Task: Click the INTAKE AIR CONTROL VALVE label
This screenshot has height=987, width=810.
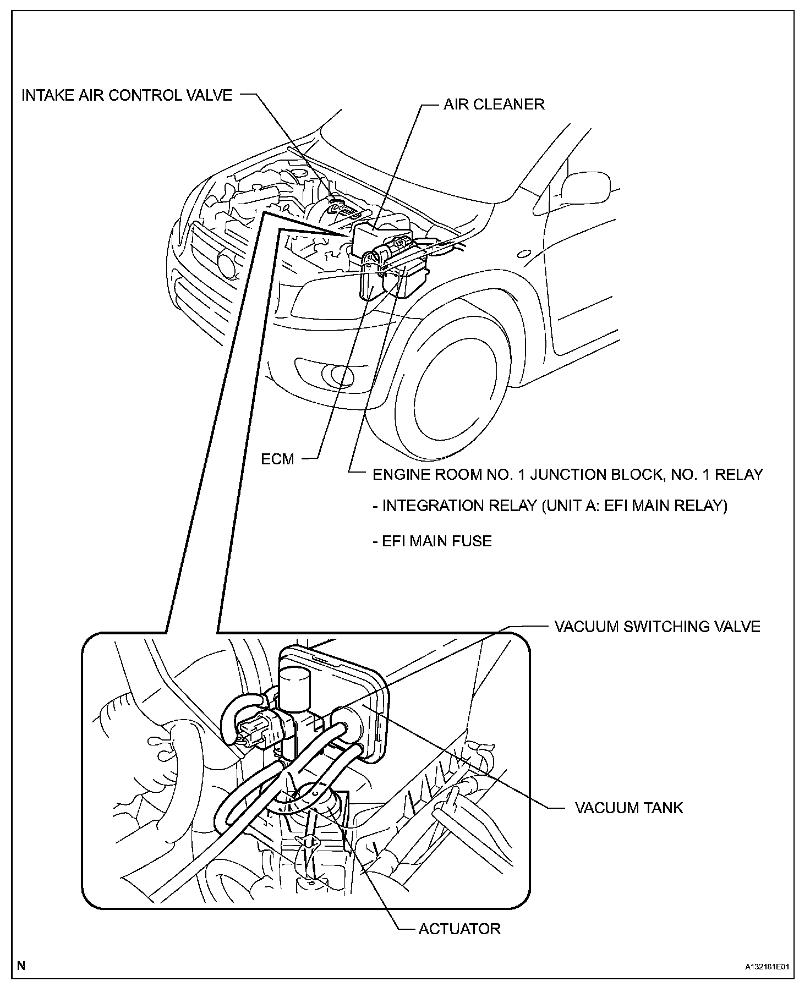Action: [x=127, y=95]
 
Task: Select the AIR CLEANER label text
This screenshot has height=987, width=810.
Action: [x=494, y=105]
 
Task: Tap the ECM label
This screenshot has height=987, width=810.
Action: [x=278, y=459]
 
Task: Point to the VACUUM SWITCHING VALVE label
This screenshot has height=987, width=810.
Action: [x=657, y=627]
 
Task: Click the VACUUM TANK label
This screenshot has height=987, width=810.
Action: [x=628, y=808]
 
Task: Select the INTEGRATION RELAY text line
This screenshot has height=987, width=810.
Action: [x=550, y=506]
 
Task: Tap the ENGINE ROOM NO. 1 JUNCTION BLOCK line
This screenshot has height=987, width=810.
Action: [x=567, y=474]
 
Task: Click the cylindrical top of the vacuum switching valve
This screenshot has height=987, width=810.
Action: [x=295, y=685]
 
